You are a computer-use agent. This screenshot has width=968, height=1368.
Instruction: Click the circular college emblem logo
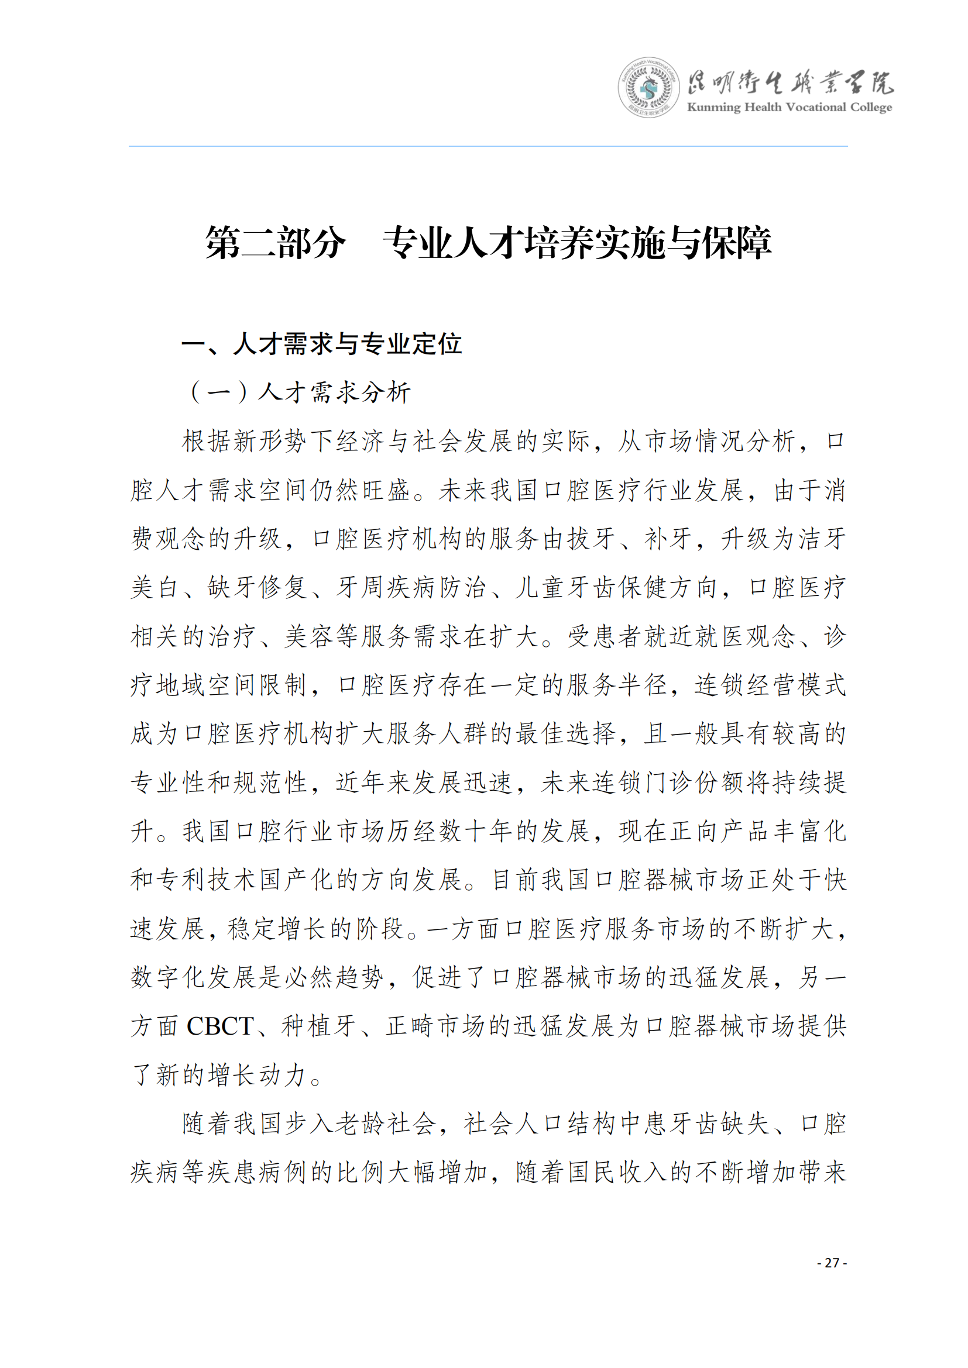click(648, 88)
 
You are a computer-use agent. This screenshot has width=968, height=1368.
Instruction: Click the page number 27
click(832, 1263)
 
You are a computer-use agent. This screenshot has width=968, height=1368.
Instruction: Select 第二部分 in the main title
click(276, 243)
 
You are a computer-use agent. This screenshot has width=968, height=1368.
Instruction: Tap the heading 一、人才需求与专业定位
click(322, 344)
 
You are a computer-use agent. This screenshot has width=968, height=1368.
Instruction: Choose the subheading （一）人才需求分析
click(300, 392)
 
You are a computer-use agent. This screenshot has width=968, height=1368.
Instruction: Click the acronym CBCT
click(220, 1026)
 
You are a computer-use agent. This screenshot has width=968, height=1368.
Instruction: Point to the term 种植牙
click(319, 1026)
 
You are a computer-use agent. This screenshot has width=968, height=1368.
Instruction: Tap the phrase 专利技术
click(207, 880)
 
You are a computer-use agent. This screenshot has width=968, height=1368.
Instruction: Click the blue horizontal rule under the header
click(488, 146)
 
